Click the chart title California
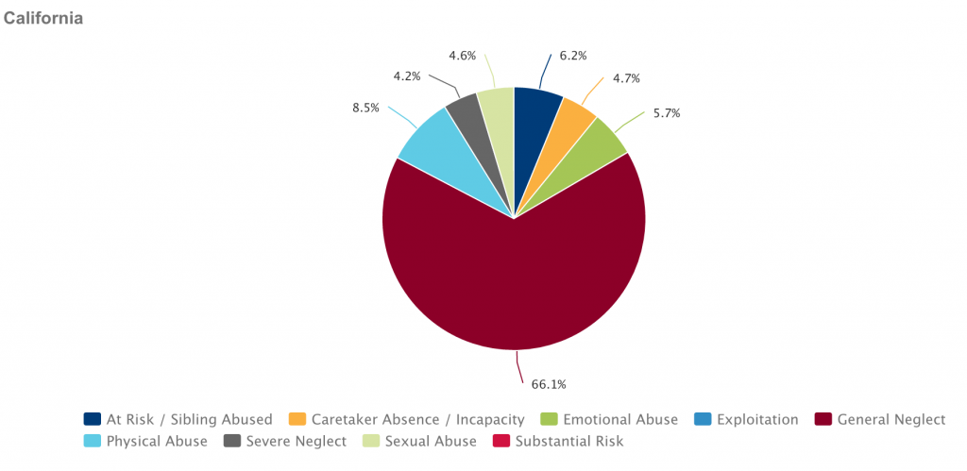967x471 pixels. (43, 19)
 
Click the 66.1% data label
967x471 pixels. (549, 384)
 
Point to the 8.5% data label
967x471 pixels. (365, 108)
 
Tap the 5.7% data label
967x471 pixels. (666, 113)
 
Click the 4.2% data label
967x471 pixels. (408, 75)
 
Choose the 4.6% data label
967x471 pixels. (463, 56)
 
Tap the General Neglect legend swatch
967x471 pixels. (823, 419)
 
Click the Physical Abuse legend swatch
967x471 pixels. (93, 441)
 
